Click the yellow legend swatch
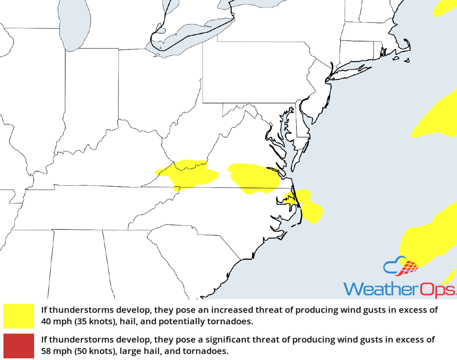(19, 316)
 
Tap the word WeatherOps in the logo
(399, 289)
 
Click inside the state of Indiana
(89, 104)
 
